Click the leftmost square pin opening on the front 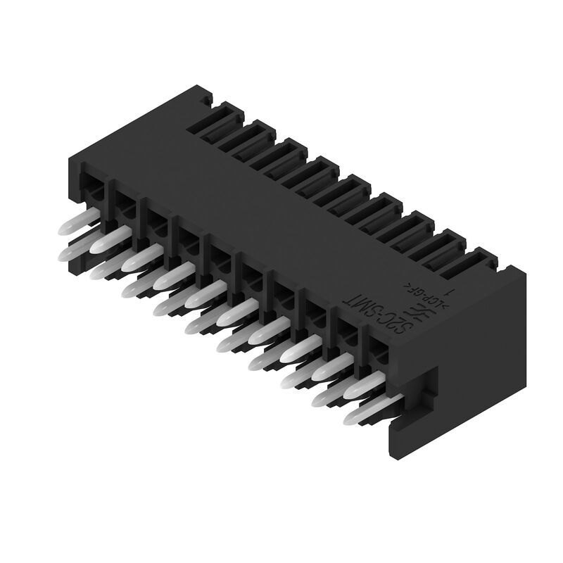[x=92, y=184]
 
